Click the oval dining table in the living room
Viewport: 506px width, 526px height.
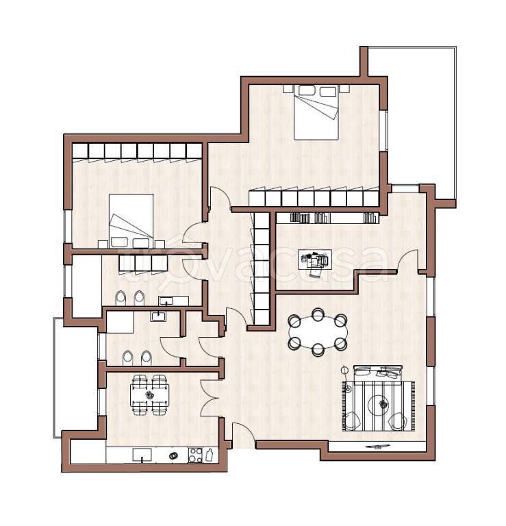(318, 332)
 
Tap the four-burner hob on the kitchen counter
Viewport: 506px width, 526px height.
(195, 455)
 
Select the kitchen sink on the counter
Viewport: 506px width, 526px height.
(142, 455)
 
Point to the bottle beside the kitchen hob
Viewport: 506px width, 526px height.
(210, 455)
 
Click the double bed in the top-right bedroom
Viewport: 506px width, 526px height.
(316, 112)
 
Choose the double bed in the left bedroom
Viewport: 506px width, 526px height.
(131, 221)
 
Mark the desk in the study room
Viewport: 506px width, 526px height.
(315, 259)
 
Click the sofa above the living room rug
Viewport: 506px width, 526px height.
(378, 372)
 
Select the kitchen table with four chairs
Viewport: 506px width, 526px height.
(149, 394)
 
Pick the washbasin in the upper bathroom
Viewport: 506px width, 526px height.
(166, 301)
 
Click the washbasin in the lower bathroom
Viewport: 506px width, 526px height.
(158, 316)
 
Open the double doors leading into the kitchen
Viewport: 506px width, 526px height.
(210, 398)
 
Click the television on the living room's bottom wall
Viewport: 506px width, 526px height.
(379, 447)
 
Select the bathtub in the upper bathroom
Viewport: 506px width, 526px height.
(87, 286)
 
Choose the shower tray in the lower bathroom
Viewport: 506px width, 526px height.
(120, 322)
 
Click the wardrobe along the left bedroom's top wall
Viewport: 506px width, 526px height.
(137, 151)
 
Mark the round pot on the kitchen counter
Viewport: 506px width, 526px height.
(173, 455)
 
